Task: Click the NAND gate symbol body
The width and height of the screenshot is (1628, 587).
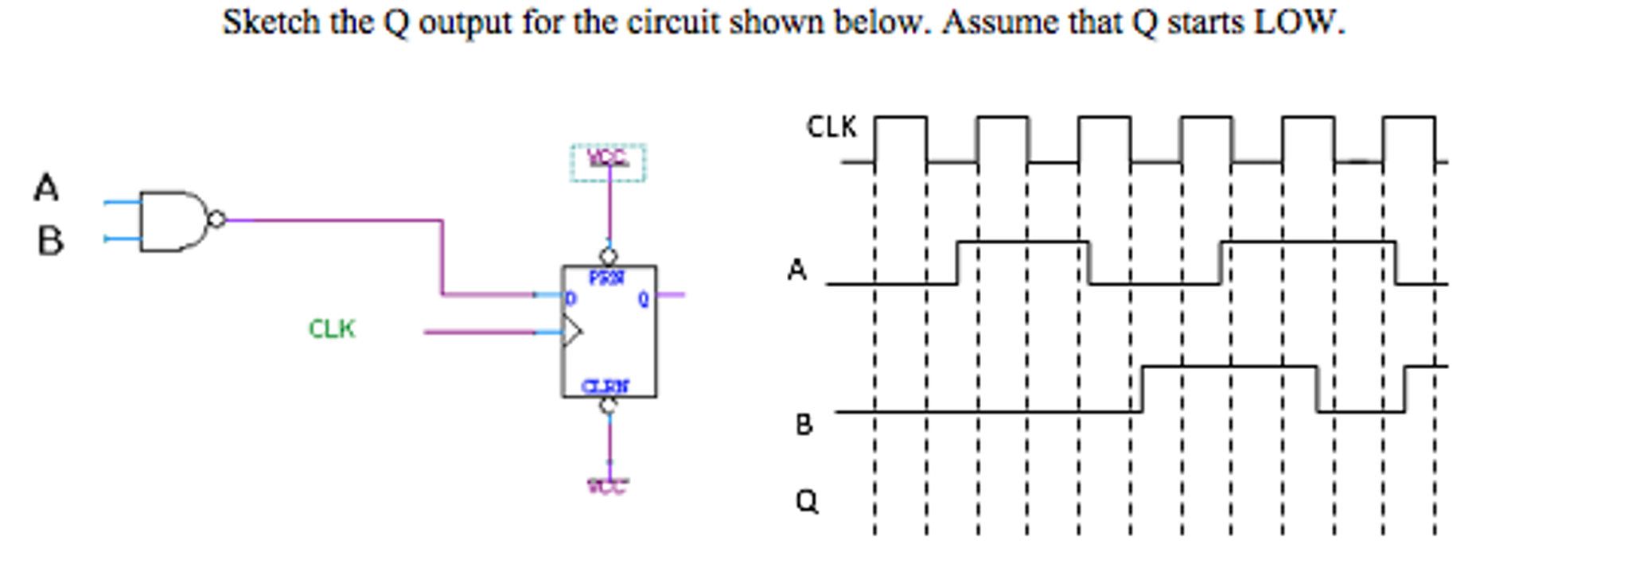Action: tap(171, 220)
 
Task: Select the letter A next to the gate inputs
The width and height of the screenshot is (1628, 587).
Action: tap(46, 189)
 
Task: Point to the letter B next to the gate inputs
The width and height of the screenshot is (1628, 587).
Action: tap(49, 241)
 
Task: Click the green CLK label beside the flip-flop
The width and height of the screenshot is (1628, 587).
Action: tap(332, 328)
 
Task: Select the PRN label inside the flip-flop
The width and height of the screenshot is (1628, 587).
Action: tap(606, 278)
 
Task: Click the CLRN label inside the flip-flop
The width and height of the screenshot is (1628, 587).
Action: tap(606, 387)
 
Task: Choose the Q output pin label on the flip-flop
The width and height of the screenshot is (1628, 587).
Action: tap(643, 300)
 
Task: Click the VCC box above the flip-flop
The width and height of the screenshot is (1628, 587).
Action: tap(608, 161)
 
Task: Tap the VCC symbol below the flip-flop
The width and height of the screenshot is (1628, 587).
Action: tap(608, 485)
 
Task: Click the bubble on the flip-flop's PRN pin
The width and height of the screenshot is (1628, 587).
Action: tap(609, 257)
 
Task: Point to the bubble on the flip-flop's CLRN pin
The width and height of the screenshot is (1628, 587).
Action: tap(609, 406)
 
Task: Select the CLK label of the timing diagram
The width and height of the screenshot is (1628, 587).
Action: tap(832, 127)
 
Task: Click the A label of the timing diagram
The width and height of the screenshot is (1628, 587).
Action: tap(796, 270)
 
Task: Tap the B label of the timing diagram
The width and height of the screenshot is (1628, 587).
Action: tap(804, 425)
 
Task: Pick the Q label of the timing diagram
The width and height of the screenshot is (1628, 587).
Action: tap(806, 501)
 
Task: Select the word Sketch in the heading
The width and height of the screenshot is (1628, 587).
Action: tap(271, 21)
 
